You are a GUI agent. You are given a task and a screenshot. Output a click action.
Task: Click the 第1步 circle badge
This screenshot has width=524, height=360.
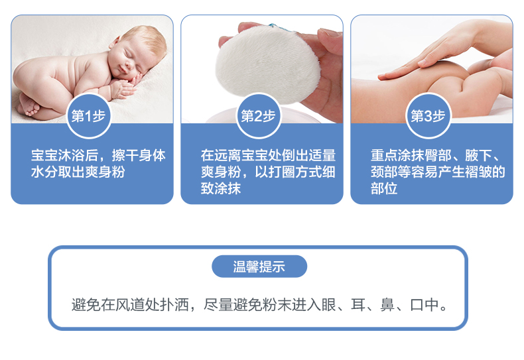point(89,116)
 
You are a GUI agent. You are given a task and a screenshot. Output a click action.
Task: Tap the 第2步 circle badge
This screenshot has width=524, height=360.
point(258,116)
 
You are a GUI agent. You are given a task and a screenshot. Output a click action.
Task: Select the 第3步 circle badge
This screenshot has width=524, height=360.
point(428,116)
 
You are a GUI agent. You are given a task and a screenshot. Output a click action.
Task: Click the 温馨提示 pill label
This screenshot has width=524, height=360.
point(259,267)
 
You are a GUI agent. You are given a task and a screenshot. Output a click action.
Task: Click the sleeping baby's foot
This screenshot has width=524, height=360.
point(29,105)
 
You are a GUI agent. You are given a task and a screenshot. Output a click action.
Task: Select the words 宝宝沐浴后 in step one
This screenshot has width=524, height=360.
point(64,156)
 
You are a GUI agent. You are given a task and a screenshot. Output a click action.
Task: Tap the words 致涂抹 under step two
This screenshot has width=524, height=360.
point(221,188)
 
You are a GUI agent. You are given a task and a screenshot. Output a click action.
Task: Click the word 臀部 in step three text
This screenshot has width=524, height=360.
point(438,156)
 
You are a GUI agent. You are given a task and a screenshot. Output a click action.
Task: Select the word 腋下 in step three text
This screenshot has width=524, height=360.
point(478,156)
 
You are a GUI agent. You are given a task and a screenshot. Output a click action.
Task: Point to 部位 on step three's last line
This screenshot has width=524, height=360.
point(384,188)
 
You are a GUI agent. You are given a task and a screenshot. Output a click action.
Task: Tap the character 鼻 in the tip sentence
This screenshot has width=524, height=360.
point(387,304)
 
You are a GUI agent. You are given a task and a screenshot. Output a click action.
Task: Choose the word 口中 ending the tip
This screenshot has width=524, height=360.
point(425,304)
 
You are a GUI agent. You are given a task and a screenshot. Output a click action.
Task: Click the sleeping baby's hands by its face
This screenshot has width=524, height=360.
point(129,85)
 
